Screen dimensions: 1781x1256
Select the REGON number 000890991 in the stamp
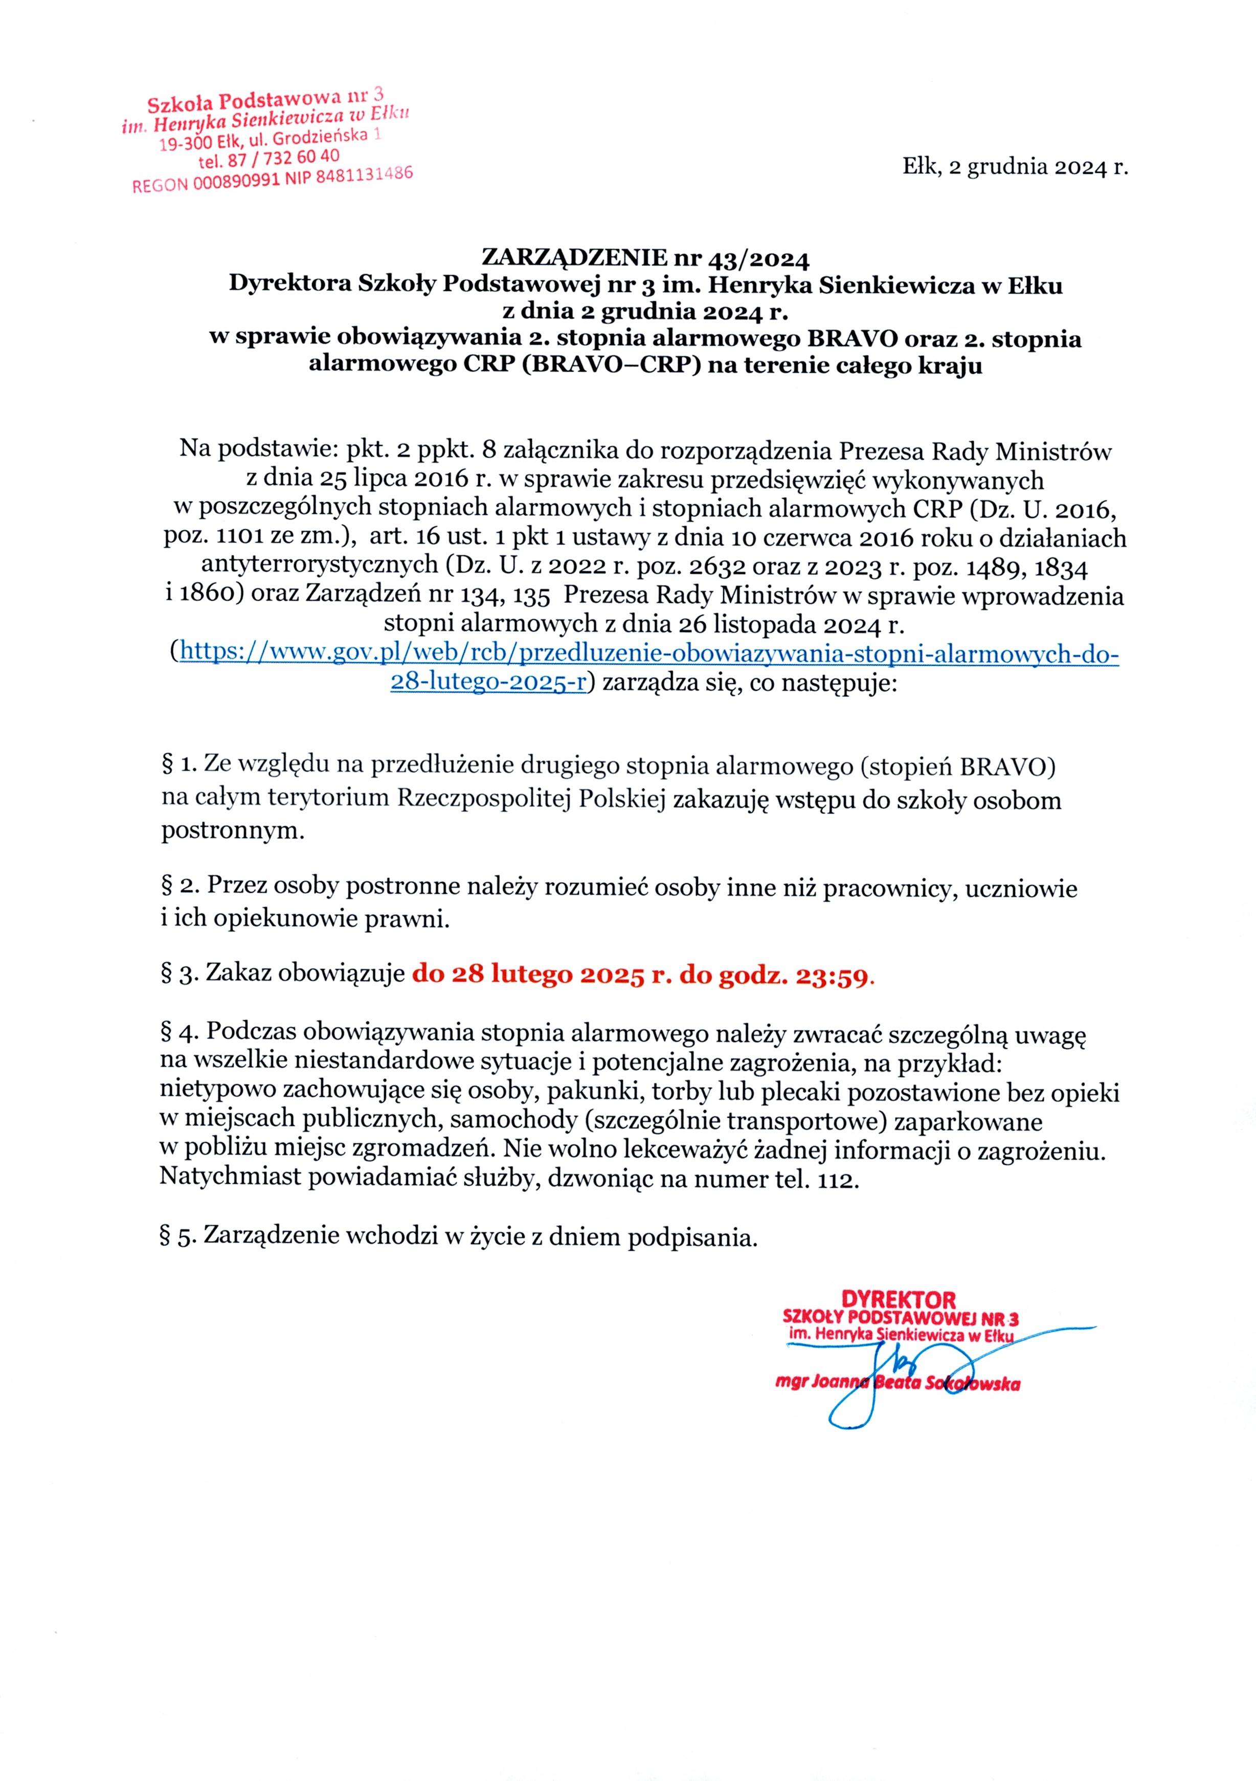[x=248, y=183]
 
